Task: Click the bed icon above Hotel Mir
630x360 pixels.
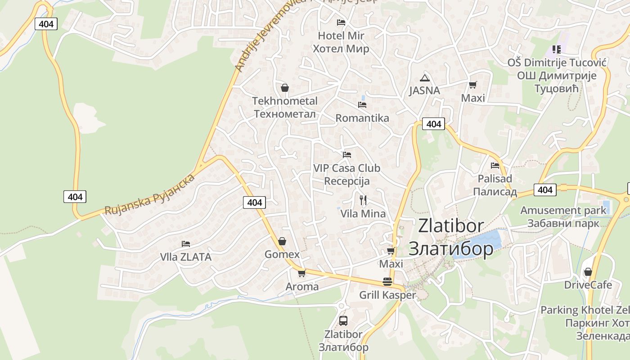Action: tap(341, 22)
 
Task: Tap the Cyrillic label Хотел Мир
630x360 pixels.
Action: tap(341, 49)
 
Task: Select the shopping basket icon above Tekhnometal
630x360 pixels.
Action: tap(284, 88)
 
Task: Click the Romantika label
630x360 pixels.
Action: tap(362, 118)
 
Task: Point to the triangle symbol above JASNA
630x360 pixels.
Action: tap(424, 77)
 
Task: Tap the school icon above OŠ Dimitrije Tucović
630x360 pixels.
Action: tap(557, 49)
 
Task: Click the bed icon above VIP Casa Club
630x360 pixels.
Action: tap(346, 155)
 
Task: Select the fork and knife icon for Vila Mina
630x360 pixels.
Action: tap(363, 200)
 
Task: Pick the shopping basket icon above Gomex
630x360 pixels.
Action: tap(282, 242)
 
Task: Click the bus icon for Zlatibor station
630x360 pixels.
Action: tap(343, 321)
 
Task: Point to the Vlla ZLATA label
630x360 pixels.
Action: tap(186, 257)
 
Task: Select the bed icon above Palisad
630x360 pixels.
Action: tap(495, 166)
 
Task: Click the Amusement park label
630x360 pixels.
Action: tap(563, 210)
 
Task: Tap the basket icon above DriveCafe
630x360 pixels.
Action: tap(588, 272)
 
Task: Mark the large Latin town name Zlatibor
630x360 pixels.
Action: tap(451, 226)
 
